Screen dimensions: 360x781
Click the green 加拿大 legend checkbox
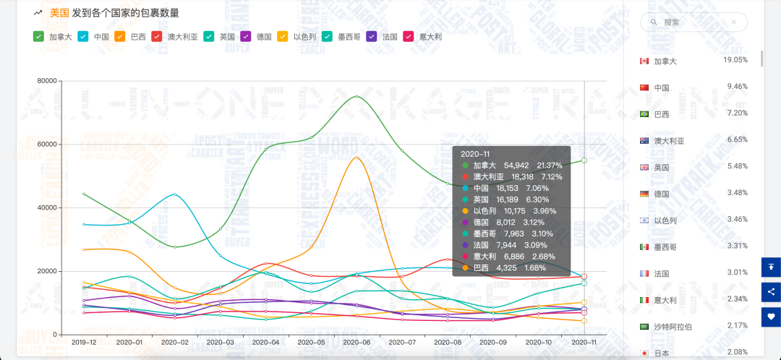click(38, 36)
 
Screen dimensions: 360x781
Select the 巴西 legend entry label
click(137, 36)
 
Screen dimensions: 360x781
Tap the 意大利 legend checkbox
click(407, 36)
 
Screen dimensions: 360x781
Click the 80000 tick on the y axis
click(47, 81)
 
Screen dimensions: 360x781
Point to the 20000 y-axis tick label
click(47, 271)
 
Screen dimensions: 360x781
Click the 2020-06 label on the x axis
click(357, 343)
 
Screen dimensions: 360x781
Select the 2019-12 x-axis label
click(84, 343)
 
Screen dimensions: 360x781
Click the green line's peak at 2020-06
click(357, 96)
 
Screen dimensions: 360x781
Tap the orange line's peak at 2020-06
click(357, 157)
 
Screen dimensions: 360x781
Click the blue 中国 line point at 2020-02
click(175, 194)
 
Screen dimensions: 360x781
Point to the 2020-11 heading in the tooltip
click(474, 153)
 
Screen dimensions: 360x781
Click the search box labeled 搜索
click(693, 22)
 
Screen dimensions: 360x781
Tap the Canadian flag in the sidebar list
click(644, 61)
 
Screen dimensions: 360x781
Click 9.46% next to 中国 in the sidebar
click(735, 86)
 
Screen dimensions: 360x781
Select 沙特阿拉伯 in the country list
click(673, 327)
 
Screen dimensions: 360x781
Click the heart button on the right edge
click(771, 317)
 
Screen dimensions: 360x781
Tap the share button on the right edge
click(771, 292)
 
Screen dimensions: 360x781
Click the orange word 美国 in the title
click(59, 13)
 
